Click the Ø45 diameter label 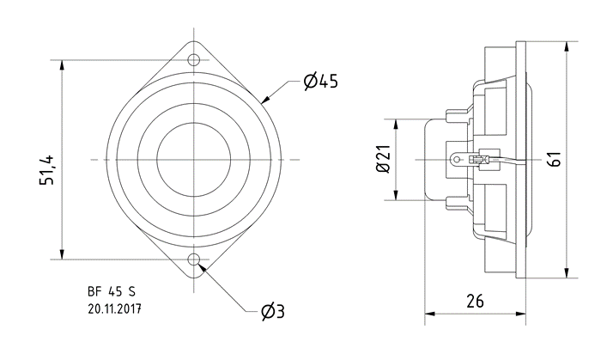(x=321, y=81)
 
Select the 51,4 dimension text (x=47, y=170)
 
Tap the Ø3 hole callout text (x=273, y=311)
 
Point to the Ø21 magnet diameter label (x=383, y=159)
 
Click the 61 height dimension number (x=555, y=159)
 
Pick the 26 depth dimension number (x=475, y=301)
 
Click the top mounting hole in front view (x=194, y=60)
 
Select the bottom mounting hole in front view (x=194, y=259)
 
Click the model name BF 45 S (x=112, y=292)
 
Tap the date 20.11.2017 (x=114, y=309)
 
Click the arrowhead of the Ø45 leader (x=265, y=100)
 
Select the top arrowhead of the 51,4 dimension (x=62, y=65)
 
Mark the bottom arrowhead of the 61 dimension (x=567, y=272)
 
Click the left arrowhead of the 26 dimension (x=430, y=314)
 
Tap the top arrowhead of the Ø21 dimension (x=396, y=125)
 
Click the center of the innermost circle (x=194, y=159)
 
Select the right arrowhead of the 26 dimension (x=520, y=314)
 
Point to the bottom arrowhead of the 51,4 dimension (x=62, y=253)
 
